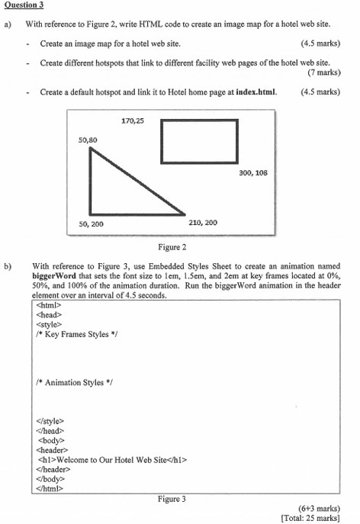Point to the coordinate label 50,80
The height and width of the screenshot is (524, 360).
[88, 140]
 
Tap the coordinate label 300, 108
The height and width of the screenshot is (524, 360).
[253, 172]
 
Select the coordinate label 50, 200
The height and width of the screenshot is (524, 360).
[91, 223]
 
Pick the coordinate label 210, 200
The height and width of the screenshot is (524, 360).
[202, 223]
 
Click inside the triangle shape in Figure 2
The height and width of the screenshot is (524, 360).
[114, 191]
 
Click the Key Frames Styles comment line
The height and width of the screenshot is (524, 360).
[76, 334]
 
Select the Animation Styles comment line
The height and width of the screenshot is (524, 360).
[73, 382]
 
